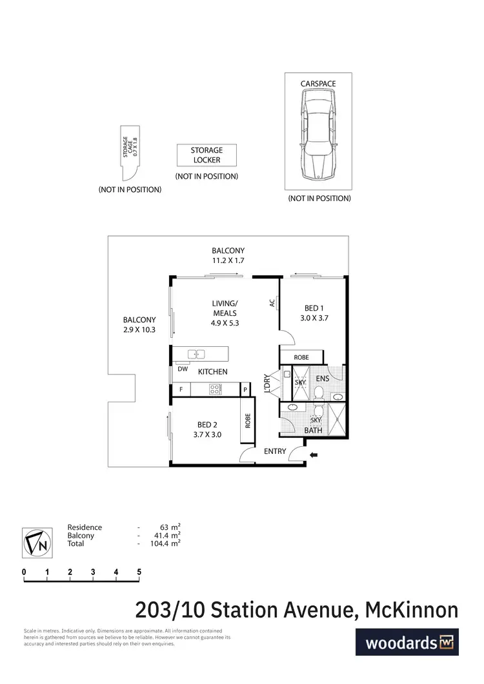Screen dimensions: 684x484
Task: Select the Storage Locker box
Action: (x=207, y=155)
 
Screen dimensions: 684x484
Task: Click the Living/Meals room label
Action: (x=225, y=313)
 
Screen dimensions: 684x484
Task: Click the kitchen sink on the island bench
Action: (x=197, y=353)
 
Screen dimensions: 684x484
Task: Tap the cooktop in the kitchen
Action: (x=216, y=389)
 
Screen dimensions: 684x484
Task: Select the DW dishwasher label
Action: (x=183, y=369)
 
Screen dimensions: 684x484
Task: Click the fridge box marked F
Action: (x=181, y=389)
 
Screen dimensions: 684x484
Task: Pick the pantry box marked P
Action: (x=245, y=389)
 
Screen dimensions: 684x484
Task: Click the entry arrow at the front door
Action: (x=314, y=456)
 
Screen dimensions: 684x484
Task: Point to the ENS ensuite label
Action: (x=323, y=378)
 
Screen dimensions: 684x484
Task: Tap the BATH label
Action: (x=313, y=430)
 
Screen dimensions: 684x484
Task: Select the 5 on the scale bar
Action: (x=139, y=571)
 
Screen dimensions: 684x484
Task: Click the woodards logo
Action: (x=407, y=642)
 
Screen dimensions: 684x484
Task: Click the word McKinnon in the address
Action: (x=412, y=609)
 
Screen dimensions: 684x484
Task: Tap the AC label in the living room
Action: (x=273, y=302)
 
